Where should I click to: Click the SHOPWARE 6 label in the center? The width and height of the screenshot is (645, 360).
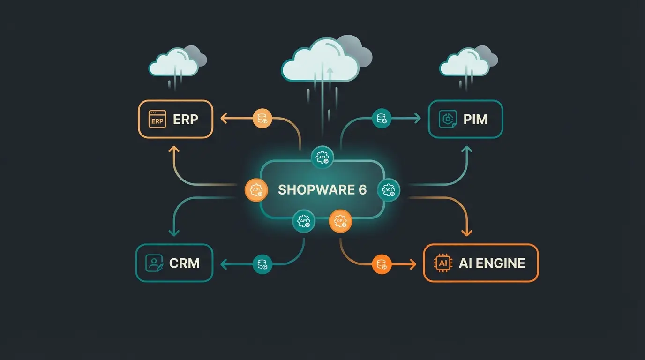(322, 190)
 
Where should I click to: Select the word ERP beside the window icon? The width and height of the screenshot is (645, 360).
(186, 119)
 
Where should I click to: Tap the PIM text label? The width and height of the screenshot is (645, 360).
(475, 119)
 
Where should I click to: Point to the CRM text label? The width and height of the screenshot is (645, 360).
(184, 263)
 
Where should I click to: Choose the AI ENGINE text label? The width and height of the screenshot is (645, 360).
(492, 263)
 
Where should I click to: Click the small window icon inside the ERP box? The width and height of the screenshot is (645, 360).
(157, 119)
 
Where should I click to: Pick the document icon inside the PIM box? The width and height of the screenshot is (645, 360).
(448, 119)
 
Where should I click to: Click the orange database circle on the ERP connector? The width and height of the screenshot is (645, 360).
(262, 119)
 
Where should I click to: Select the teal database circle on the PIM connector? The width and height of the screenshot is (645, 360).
(382, 119)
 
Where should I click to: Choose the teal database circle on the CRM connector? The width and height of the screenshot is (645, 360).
(262, 264)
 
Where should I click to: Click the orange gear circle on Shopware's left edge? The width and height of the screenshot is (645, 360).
(256, 190)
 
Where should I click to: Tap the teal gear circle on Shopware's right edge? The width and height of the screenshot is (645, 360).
(389, 189)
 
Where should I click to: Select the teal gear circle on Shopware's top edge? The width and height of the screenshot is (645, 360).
(322, 157)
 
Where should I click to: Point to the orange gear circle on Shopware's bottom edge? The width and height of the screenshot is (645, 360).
(340, 221)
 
